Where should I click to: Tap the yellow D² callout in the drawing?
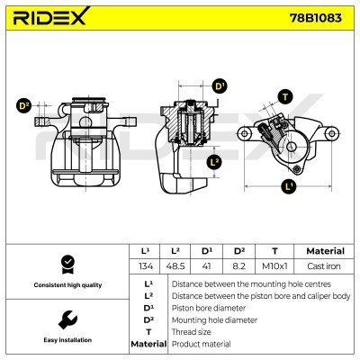click(x=24, y=106)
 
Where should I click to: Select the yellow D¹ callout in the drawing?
click(x=220, y=86)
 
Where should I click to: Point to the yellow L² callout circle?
click(x=214, y=162)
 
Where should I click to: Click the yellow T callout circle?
click(x=285, y=96)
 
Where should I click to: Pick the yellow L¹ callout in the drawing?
click(x=288, y=186)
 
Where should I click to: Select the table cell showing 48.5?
click(x=178, y=267)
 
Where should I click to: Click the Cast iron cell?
click(x=324, y=267)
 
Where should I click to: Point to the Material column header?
click(x=324, y=251)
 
